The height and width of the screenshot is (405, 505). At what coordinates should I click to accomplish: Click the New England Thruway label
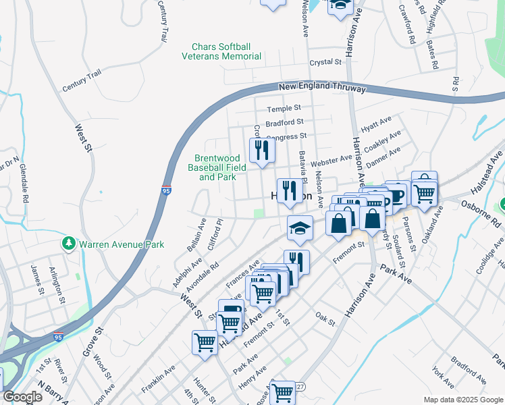tap(322, 88)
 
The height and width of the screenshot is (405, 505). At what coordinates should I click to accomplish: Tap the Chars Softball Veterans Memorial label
tap(221, 51)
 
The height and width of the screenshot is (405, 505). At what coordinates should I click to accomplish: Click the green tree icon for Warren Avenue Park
tap(68, 243)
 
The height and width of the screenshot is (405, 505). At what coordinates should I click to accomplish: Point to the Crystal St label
tap(325, 62)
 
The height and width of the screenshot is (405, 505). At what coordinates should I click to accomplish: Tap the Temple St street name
tap(283, 109)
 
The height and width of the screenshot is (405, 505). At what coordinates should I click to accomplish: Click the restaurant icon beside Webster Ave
tap(260, 151)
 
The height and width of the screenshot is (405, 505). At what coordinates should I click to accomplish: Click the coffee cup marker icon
tap(396, 194)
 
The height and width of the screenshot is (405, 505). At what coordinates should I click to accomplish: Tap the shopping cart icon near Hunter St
tap(205, 341)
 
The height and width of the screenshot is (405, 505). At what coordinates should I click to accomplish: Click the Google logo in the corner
tap(22, 398)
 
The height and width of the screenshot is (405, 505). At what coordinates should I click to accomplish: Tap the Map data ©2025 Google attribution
tap(462, 400)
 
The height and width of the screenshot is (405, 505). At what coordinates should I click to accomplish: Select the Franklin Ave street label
tap(158, 380)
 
